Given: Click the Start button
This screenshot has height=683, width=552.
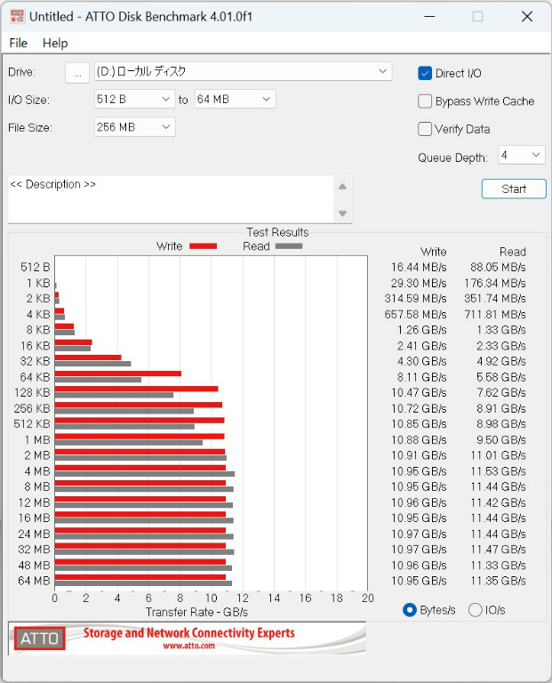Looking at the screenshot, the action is coord(514,189).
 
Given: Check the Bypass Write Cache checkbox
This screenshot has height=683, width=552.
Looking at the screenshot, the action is coord(425,101).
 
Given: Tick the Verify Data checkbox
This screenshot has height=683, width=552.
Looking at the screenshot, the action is coord(425,129).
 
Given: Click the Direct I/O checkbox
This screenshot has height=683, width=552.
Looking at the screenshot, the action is coord(425,73).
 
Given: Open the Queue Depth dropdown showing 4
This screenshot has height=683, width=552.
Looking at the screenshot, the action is coord(522,155).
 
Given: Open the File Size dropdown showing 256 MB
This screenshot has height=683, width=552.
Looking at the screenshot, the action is coord(134,127).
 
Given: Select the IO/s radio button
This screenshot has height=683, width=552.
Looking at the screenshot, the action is coord(475,610).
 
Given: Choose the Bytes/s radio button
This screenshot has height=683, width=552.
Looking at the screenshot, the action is coord(410,610).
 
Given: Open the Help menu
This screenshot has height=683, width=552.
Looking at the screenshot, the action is coord(55,43).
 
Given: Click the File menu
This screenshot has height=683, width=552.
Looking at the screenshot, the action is coord(19,43).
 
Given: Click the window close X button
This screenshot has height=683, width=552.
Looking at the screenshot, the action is coord(527,17).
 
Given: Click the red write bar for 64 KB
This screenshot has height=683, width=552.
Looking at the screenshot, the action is coord(118,374).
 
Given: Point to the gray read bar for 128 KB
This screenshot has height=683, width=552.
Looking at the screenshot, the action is coord(114,395).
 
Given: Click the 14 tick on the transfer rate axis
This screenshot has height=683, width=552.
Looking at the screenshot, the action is coord(274,598).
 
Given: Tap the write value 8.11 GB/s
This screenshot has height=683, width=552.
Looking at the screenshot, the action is coord(421,377).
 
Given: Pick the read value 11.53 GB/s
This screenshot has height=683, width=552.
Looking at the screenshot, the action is coord(498,471).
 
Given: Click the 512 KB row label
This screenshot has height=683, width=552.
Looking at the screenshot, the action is coord(32,424).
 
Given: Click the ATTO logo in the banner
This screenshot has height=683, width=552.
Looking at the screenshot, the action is coord(40,639).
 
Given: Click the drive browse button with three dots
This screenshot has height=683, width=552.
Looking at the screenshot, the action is coord(77,73).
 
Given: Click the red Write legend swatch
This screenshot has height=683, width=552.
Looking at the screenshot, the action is coord(203,246).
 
